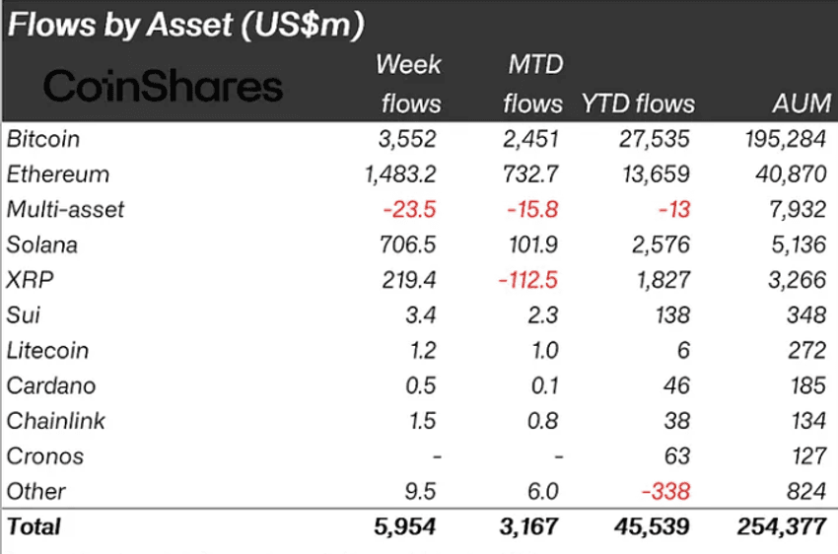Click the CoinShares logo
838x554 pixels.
click(164, 87)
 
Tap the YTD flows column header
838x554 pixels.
click(638, 104)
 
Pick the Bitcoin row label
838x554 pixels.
click(43, 139)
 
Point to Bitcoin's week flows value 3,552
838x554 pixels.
click(406, 139)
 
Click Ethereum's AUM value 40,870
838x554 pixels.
click(789, 174)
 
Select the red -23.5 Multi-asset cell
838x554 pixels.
click(410, 210)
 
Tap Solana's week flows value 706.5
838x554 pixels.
click(408, 244)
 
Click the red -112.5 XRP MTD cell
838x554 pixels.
click(527, 280)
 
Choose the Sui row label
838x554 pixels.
click(23, 315)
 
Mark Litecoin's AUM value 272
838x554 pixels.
click(807, 351)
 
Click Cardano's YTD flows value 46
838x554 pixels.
click(676, 385)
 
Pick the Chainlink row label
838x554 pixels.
click(56, 421)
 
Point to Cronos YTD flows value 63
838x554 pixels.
click(676, 456)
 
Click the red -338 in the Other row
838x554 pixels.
click(663, 492)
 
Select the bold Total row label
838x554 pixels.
click(35, 526)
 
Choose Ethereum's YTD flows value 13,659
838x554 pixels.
click(656, 174)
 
